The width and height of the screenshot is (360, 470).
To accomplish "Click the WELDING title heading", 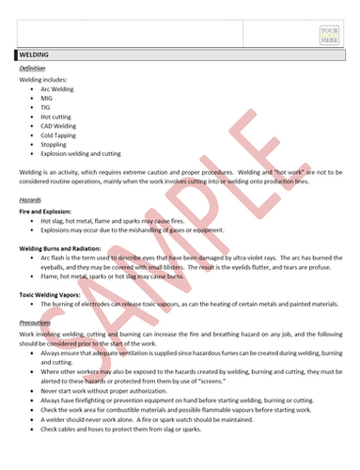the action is tap(35, 55).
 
